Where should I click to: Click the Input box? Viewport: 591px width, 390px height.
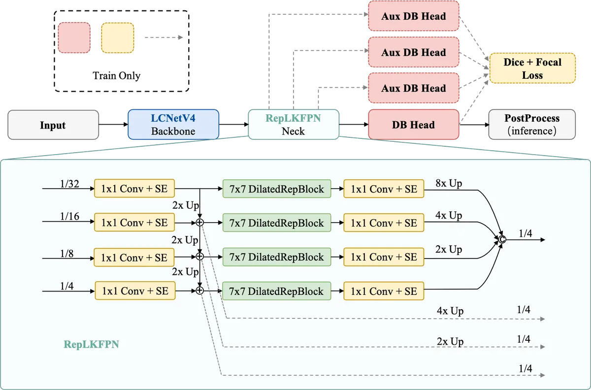click(x=53, y=125)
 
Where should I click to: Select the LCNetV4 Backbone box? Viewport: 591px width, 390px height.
click(x=173, y=124)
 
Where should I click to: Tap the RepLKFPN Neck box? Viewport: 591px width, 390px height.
click(x=294, y=124)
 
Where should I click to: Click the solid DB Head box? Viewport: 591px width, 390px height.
click(x=413, y=124)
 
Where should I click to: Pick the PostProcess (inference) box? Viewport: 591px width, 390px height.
click(x=532, y=124)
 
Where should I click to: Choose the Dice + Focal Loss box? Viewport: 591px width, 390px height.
click(x=532, y=68)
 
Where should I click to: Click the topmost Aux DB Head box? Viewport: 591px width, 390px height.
click(x=413, y=16)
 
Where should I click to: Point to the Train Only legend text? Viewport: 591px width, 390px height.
click(x=116, y=76)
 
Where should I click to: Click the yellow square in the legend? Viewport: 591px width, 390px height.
click(x=118, y=38)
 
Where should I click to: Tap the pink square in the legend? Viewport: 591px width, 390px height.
click(x=74, y=37)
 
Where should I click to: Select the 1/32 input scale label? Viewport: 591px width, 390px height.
click(x=69, y=184)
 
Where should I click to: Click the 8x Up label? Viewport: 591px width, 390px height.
click(x=449, y=183)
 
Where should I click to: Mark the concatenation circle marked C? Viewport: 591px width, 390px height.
click(x=502, y=239)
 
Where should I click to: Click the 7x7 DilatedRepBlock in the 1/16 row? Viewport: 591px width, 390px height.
click(x=276, y=223)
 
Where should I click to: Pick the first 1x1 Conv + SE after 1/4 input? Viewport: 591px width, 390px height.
click(x=135, y=291)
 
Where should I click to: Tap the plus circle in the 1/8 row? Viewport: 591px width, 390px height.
click(x=200, y=256)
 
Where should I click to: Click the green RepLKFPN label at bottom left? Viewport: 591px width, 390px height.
click(x=91, y=344)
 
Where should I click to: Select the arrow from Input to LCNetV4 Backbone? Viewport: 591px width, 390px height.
click(x=113, y=124)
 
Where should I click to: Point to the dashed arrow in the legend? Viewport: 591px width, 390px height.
click(x=164, y=37)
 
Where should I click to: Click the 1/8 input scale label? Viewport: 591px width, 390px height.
click(x=67, y=254)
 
